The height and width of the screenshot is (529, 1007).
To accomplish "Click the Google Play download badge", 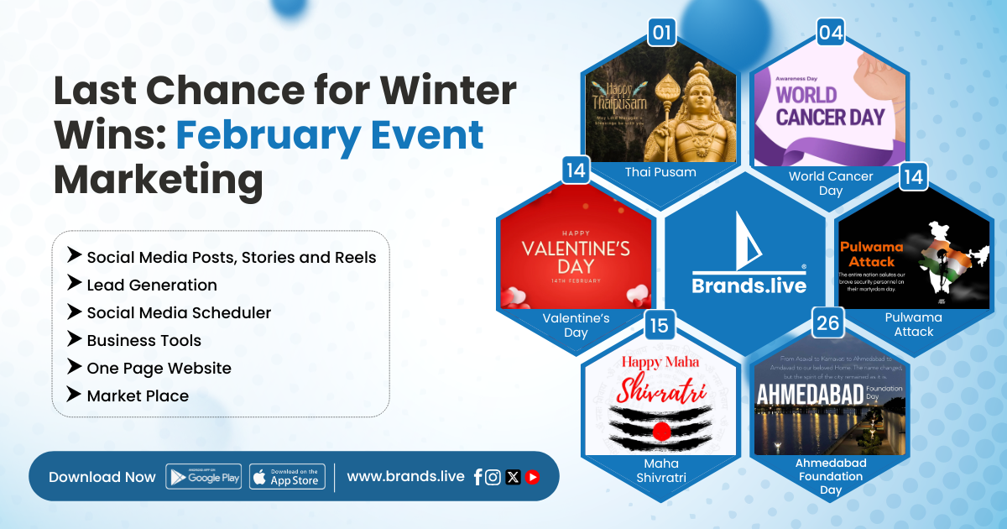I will (204, 477).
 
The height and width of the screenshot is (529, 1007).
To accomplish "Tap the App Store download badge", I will (287, 477).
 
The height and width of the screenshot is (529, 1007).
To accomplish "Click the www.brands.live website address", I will (405, 476).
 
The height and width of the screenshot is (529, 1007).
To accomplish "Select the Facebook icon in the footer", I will (477, 477).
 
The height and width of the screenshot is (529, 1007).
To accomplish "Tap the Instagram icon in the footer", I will (493, 477).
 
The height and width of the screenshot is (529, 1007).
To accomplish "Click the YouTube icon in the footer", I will (532, 477).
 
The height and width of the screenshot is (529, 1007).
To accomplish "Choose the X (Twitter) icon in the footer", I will (513, 477).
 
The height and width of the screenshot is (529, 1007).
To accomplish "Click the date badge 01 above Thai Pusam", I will (662, 33).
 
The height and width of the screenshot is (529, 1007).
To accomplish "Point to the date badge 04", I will (831, 33).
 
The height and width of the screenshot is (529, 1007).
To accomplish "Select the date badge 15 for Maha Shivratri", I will (660, 325).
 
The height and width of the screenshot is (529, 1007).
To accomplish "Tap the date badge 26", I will (827, 323).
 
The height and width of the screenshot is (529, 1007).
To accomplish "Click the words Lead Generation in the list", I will (152, 285).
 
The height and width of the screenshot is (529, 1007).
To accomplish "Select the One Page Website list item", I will (159, 368).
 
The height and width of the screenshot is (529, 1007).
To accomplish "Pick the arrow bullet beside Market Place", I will (75, 395).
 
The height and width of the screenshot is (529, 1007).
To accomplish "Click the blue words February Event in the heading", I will (330, 135).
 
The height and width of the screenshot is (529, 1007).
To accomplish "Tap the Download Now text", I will (102, 477).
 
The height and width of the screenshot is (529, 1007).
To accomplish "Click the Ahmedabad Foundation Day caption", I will (831, 476).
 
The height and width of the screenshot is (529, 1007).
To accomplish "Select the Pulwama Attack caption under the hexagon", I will (913, 324).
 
